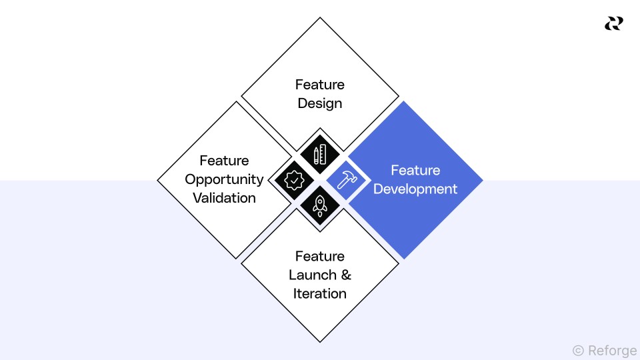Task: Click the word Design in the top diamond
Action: coord(320,103)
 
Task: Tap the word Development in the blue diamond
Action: coord(415,189)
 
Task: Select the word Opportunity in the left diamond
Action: coord(224,179)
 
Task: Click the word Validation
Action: coord(224,198)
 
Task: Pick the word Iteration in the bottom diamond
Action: coord(320,293)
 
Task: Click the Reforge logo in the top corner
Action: coord(613,23)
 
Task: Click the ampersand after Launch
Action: coord(345,275)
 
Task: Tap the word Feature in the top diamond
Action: coord(320,85)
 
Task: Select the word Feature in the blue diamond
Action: coord(415,170)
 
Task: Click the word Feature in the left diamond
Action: coord(224,161)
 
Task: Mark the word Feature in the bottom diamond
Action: coord(320,256)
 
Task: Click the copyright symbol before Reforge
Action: coord(578,349)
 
